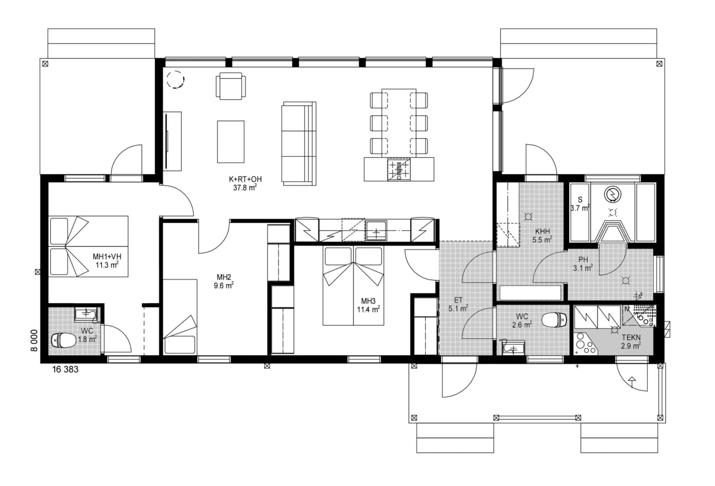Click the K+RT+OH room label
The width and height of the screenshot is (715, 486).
click(245, 179)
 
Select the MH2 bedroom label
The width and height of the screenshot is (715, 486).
click(224, 277)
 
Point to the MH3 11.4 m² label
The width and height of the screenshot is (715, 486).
click(368, 305)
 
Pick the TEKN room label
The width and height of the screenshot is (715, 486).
click(631, 338)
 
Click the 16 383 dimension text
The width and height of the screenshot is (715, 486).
click(65, 369)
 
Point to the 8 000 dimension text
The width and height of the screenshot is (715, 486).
click(34, 340)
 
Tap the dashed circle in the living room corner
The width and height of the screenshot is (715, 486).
click(175, 79)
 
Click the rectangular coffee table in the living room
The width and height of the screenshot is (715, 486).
click(231, 141)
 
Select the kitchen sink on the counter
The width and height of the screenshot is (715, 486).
click(376, 231)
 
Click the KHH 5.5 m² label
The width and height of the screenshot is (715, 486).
click(542, 236)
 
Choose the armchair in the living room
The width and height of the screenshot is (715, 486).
click(231, 86)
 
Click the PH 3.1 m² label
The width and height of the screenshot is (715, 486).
click(583, 264)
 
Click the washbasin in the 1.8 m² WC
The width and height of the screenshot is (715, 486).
click(86, 314)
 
